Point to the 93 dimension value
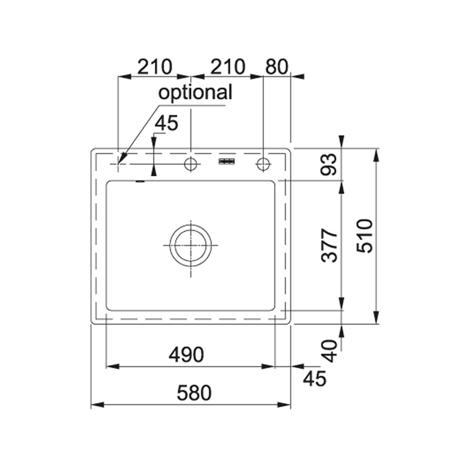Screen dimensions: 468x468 329,165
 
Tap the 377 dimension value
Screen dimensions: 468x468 329,245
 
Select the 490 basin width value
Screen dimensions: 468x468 186,355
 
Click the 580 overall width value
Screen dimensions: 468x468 194,393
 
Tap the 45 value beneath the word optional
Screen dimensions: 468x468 167,123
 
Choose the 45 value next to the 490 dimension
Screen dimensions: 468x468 314,378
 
